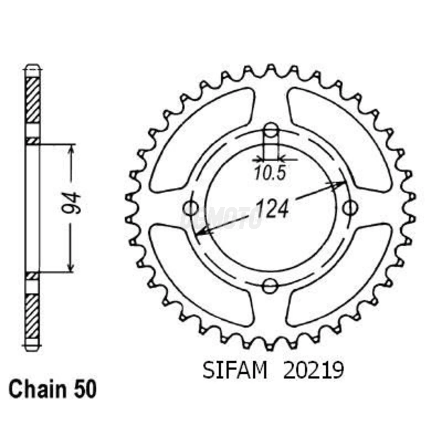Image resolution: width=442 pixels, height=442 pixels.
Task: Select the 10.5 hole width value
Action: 270,173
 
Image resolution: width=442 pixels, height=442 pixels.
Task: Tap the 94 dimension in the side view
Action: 71,203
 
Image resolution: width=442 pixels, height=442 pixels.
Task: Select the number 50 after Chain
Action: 85,390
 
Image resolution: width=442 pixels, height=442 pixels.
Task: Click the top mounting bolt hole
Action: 271,130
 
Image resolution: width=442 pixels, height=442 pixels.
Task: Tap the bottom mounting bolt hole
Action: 270,286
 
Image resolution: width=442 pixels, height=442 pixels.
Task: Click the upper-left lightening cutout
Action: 202,139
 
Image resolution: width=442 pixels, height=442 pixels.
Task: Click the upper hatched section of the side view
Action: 33,99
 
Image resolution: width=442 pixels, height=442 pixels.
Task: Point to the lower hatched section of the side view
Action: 33,316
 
